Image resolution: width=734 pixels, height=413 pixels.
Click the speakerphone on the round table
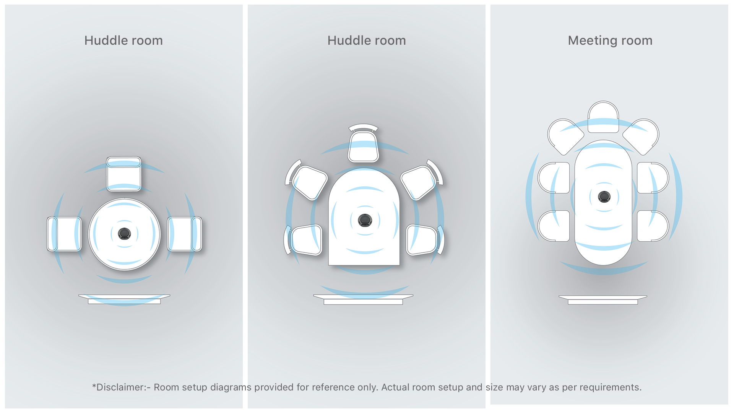124,234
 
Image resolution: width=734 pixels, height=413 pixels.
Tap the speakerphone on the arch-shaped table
365,220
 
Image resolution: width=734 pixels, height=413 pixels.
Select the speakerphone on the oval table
604,197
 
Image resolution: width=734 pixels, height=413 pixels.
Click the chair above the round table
124,174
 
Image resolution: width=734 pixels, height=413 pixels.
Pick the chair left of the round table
64,234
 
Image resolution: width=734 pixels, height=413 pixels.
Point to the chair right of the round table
185,234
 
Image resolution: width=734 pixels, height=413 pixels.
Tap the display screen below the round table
124,299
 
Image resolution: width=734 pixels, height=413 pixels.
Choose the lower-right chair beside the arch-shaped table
425,240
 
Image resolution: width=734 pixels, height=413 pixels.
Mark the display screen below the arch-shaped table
363,299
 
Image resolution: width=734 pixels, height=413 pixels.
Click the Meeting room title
610,41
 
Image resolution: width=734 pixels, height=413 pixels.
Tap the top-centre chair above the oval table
603,117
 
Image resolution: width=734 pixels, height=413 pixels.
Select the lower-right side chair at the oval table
653,226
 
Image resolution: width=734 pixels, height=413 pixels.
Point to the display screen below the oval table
603,300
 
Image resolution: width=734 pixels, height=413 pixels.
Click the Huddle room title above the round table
123,41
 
